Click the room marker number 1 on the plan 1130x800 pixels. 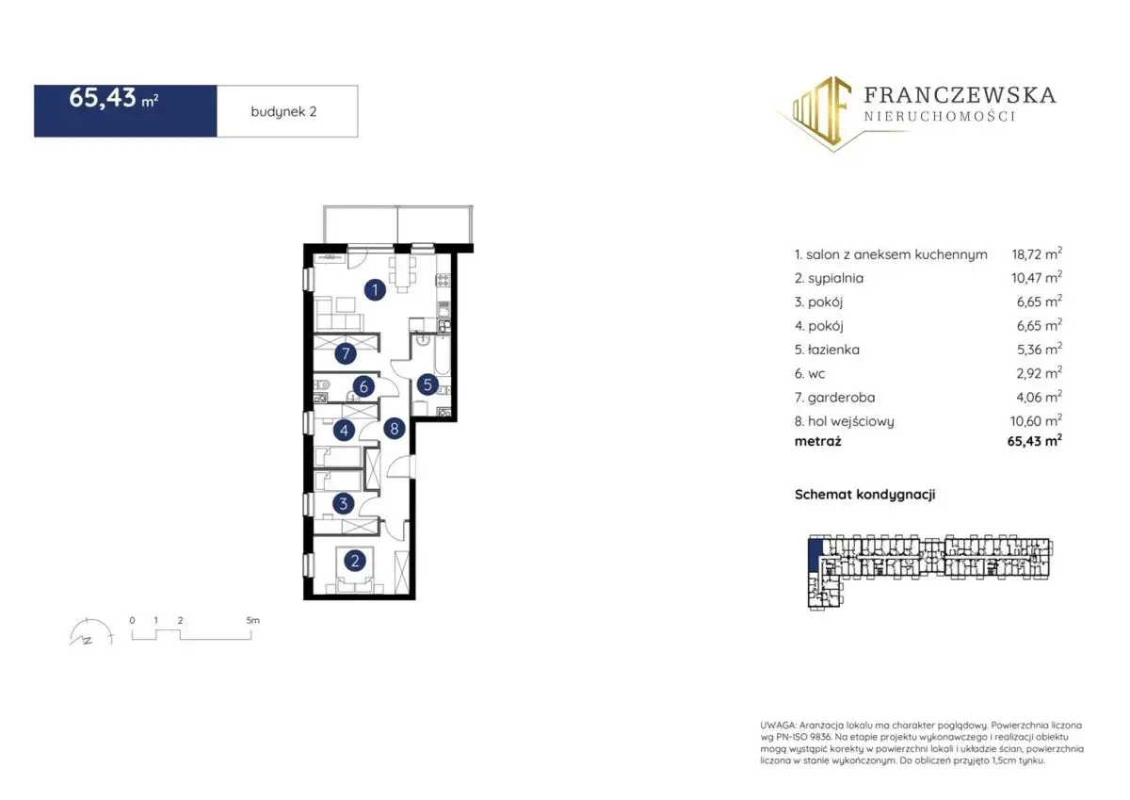375,289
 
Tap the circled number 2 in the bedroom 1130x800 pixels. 355,561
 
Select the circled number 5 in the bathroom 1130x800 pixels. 428,384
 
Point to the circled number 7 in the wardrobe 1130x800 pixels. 346,353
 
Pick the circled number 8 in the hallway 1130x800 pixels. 395,429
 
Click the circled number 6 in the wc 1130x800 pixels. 363,386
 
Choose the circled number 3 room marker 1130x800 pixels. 344,503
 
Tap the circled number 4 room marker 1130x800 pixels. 344,431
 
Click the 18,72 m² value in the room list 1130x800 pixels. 1037,253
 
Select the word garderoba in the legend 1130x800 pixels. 841,398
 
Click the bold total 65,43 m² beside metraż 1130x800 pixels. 1035,441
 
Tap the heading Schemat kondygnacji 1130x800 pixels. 864,494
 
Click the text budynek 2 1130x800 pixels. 283,111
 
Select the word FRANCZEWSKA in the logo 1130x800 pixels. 960,95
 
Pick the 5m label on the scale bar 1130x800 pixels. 252,620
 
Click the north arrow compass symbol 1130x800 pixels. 90,632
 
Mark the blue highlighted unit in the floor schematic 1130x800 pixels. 815,555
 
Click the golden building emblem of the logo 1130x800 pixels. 821,112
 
